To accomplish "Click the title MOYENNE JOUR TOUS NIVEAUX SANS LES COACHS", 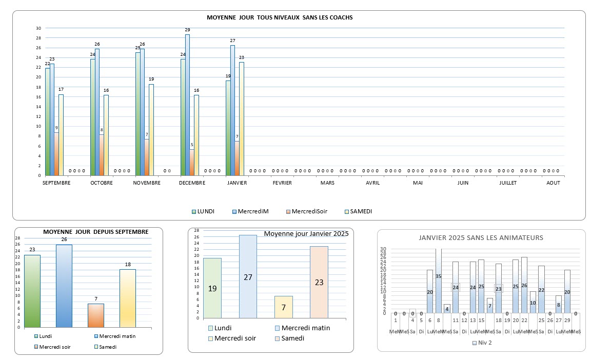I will click(x=280, y=17).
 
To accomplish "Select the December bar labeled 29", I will click(x=187, y=105).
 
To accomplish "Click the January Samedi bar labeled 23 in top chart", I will click(x=241, y=118).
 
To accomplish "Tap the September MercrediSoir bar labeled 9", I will click(x=56, y=154).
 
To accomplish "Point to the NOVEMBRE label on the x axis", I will click(x=147, y=183).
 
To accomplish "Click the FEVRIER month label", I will click(x=282, y=183).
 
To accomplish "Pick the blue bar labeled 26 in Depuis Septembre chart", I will click(x=64, y=286).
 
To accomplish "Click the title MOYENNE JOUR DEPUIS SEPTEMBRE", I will click(x=96, y=232).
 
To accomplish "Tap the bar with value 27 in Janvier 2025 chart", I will click(x=248, y=276).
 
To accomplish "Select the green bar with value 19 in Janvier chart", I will click(x=212, y=288).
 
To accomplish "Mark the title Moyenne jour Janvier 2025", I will click(x=306, y=234).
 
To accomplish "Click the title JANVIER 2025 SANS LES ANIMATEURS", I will click(x=481, y=237).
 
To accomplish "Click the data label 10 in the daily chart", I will click(x=533, y=303).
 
